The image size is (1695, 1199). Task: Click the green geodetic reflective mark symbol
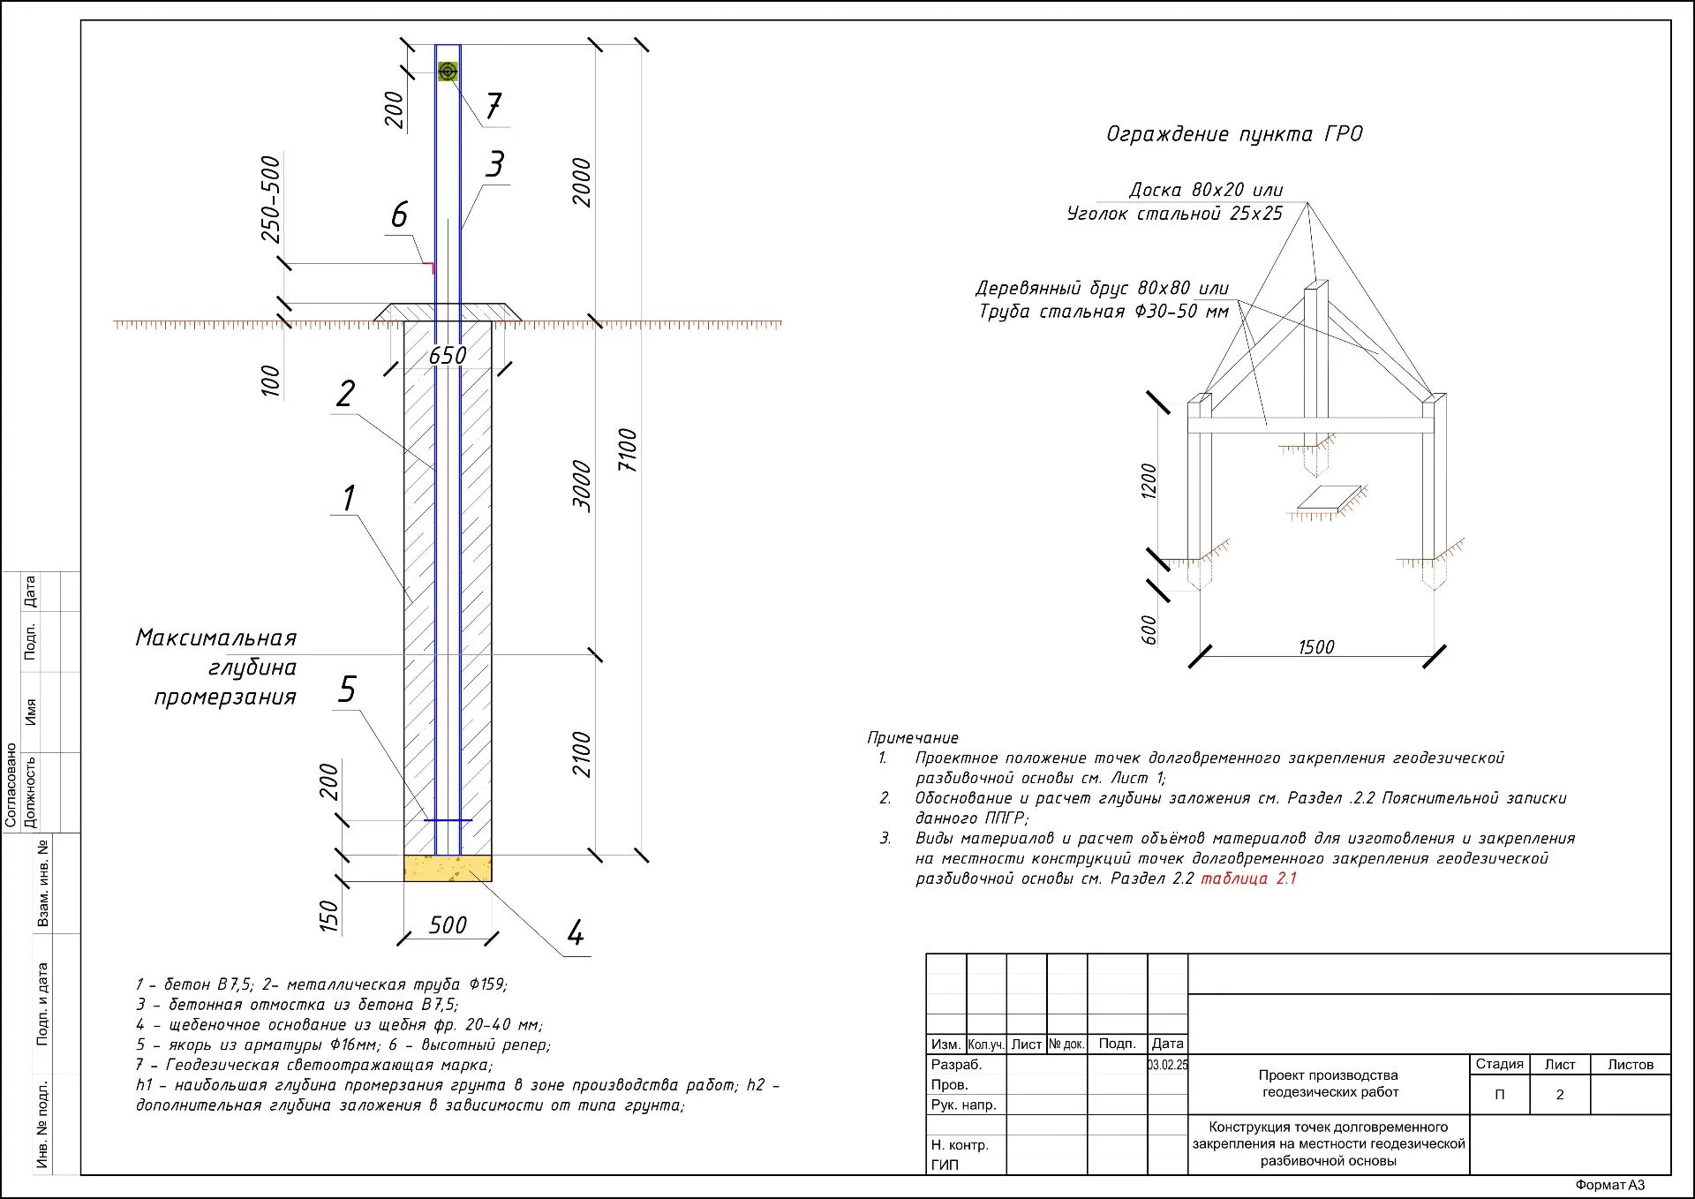click(448, 72)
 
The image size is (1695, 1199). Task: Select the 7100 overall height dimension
click(628, 450)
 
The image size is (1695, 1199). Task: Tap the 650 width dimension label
click(448, 356)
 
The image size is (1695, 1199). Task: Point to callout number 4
click(576, 932)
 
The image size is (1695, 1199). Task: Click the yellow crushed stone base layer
click(448, 868)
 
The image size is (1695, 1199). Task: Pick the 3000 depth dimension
click(582, 485)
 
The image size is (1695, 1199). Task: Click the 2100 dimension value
click(582, 754)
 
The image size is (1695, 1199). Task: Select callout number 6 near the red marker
click(400, 215)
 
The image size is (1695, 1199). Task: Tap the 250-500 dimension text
click(271, 200)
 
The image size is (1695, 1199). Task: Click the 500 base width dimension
click(448, 924)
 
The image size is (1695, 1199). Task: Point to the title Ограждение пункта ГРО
click(1234, 134)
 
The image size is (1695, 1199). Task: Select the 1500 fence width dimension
click(1315, 647)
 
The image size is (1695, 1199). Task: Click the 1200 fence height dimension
click(1149, 481)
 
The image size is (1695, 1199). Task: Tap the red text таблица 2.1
click(1248, 879)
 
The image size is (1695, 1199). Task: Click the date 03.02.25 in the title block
click(1168, 1065)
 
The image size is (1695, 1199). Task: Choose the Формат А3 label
click(1610, 1185)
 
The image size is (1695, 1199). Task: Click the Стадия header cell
click(1499, 1064)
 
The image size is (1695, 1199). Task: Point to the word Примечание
click(912, 737)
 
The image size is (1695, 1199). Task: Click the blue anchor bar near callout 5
click(448, 820)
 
